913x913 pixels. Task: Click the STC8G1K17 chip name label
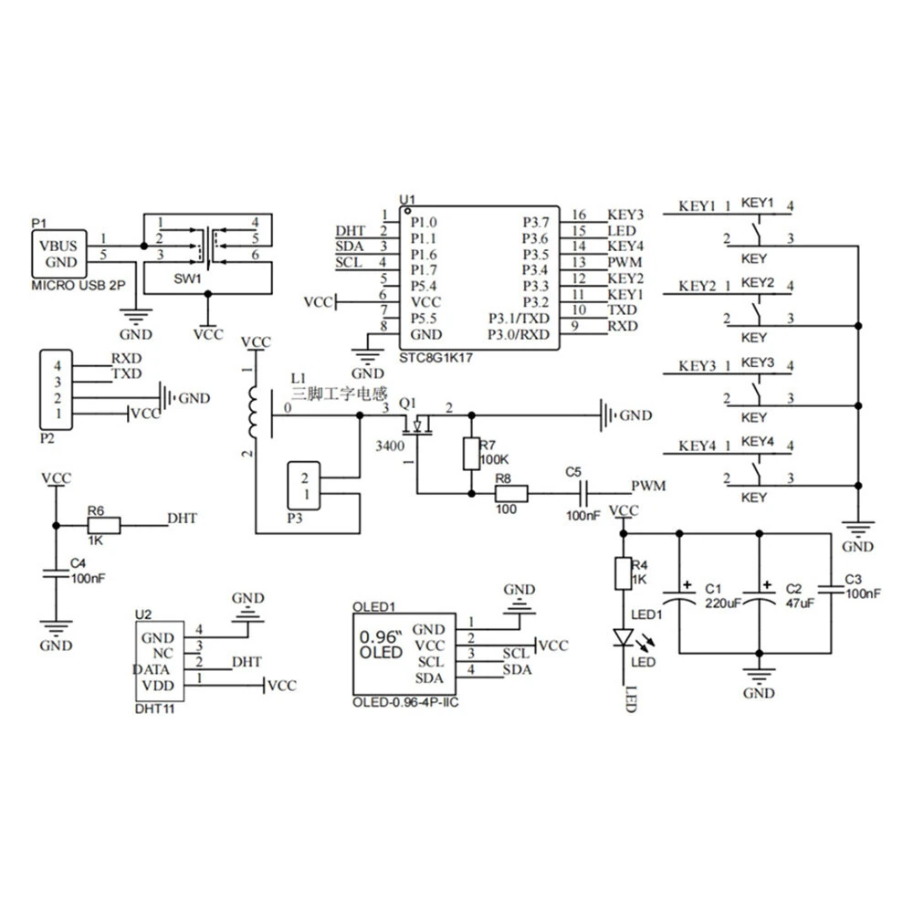click(x=436, y=358)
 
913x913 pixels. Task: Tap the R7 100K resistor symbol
click(x=471, y=454)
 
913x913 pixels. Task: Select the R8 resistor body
click(x=511, y=494)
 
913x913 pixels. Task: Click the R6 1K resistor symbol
click(x=104, y=525)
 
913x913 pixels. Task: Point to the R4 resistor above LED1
click(x=623, y=573)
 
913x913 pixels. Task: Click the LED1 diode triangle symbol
click(x=624, y=637)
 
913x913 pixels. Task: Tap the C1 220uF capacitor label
click(x=722, y=596)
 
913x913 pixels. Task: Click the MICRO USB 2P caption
click(x=78, y=285)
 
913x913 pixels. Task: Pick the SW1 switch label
click(x=187, y=278)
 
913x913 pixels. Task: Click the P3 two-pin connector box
click(x=303, y=486)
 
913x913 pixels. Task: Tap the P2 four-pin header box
click(x=56, y=390)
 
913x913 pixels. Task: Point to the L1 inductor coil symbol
click(x=253, y=411)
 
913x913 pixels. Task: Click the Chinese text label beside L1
click(x=340, y=394)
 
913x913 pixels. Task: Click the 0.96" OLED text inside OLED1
click(x=382, y=645)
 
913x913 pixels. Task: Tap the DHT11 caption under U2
click(x=154, y=709)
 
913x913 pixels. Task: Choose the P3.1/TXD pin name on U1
click(x=519, y=319)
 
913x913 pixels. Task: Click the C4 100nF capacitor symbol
click(x=56, y=573)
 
